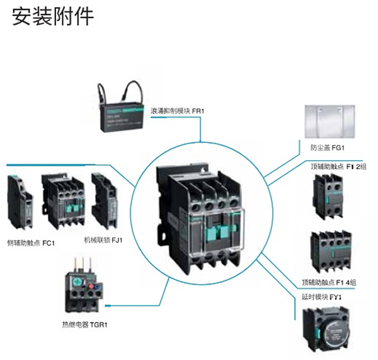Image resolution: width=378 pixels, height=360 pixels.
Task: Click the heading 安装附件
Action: (x=52, y=16)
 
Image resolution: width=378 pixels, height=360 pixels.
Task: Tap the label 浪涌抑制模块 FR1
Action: (x=179, y=111)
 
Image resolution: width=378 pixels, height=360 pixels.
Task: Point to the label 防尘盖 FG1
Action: (x=326, y=148)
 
